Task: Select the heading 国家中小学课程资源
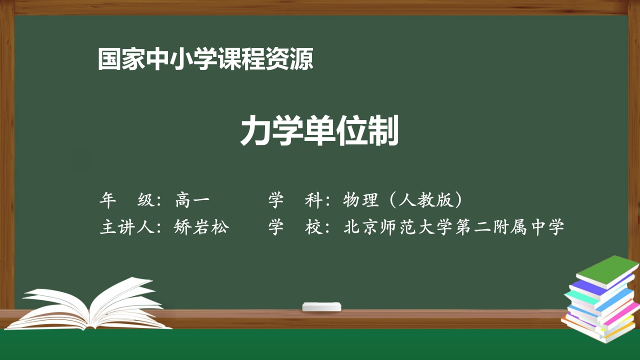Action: tap(205, 59)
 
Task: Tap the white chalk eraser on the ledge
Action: tap(322, 306)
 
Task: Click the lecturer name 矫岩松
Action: tap(201, 227)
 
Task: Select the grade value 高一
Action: tap(192, 200)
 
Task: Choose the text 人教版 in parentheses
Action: tap(425, 200)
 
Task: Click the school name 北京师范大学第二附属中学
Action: tap(454, 227)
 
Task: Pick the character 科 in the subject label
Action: tap(313, 200)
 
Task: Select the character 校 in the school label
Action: tap(313, 227)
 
